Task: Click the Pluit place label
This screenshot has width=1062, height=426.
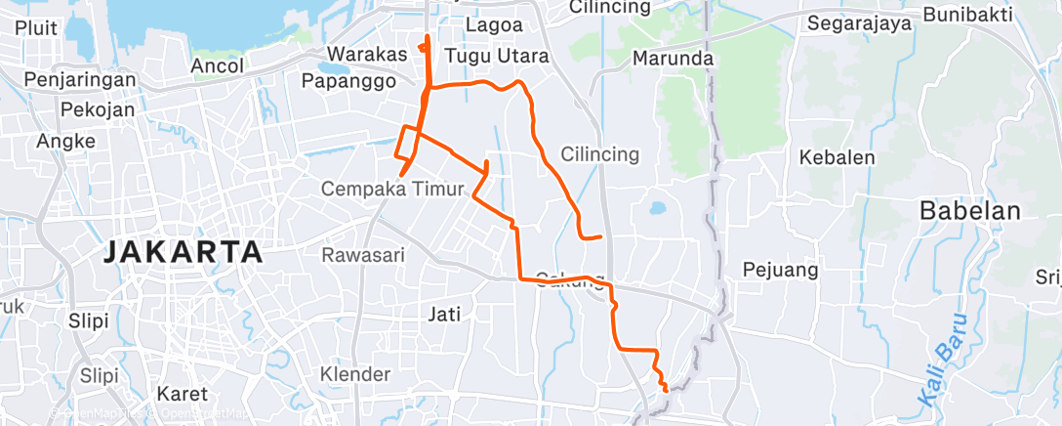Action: coord(36,27)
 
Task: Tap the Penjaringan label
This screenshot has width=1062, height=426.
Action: coord(76,79)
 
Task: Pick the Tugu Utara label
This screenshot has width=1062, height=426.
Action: coord(496,57)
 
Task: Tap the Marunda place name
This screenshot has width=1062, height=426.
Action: coord(674,59)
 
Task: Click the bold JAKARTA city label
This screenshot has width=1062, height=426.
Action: coord(183,252)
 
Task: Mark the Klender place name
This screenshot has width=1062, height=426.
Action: coord(355,373)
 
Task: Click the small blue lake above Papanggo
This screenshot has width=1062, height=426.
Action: coord(335,70)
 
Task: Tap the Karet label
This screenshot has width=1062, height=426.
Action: coord(183,395)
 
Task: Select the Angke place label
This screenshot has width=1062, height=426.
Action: coord(65,141)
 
